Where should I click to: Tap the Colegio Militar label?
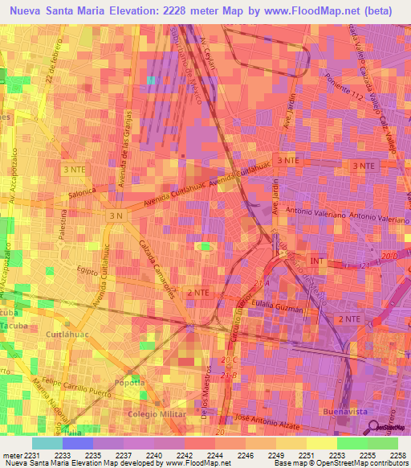pyautogui.click(x=153, y=413)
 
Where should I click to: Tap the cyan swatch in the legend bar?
pyautogui.click(x=47, y=443)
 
